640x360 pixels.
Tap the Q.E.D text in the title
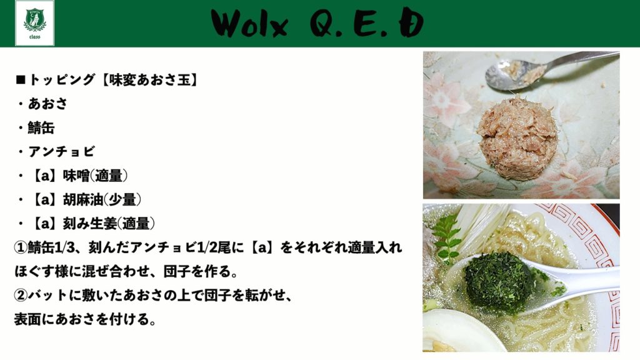pyautogui.click(x=366, y=23)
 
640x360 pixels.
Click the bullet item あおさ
pyautogui.click(x=47, y=104)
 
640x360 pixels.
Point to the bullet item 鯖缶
pyautogui.click(x=41, y=127)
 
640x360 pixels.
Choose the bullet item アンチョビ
pyautogui.click(x=61, y=151)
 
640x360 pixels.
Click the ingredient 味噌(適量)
pyautogui.click(x=95, y=176)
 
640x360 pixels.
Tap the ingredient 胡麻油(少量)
pyautogui.click(x=102, y=199)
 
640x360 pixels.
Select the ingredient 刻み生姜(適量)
pyautogui.click(x=109, y=223)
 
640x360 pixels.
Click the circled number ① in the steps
pyautogui.click(x=21, y=247)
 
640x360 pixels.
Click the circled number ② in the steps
pyautogui.click(x=21, y=295)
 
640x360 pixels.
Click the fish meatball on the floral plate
pyautogui.click(x=517, y=138)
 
